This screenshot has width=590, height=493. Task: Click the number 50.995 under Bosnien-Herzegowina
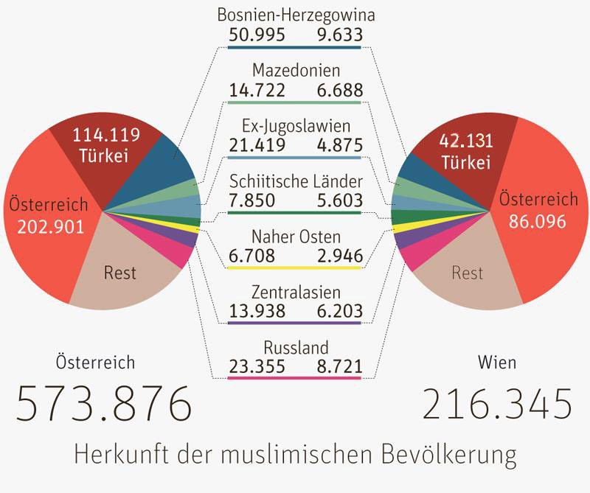pos(256,34)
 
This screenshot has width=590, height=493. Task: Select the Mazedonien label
pos(296,71)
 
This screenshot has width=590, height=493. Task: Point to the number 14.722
pos(256,90)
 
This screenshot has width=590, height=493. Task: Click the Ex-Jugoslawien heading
pos(296,126)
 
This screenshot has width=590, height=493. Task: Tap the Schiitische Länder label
pos(296,181)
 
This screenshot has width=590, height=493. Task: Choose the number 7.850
pos(251,200)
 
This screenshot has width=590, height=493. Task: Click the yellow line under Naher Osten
pos(295,268)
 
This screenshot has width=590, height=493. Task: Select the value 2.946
pos(338,256)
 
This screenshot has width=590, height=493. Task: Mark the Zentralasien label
pos(296,292)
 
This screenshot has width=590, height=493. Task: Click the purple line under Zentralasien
pos(295,323)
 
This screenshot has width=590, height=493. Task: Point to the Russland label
pos(296,347)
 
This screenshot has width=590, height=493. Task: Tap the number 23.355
pos(256,366)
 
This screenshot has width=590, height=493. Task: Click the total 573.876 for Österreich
pos(104,404)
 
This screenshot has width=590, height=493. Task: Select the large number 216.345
pos(498,404)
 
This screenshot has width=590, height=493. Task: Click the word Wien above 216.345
pos(497,363)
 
